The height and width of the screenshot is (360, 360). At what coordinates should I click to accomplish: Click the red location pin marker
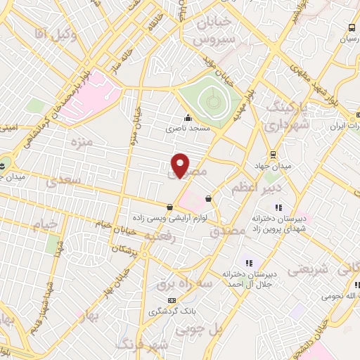181,165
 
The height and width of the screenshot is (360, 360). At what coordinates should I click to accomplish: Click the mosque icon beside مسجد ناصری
188,117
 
